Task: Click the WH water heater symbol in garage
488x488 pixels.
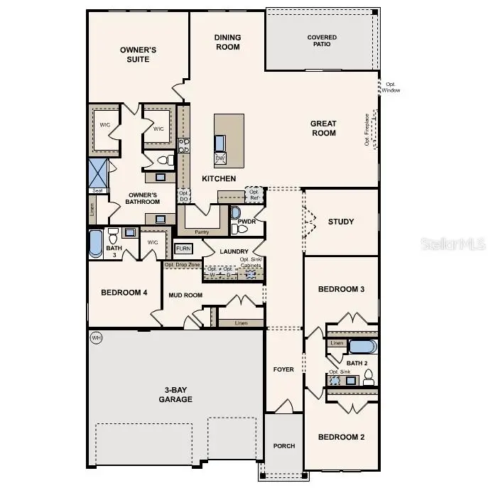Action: (97, 338)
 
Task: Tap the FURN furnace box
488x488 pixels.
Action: (183, 249)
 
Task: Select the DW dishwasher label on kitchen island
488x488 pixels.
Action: (219, 158)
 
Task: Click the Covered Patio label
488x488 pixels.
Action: (322, 40)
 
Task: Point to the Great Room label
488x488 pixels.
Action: (323, 128)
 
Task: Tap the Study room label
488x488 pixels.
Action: (340, 222)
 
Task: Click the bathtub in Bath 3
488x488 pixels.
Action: (96, 242)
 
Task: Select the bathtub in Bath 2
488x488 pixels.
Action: (363, 347)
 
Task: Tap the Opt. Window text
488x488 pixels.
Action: (391, 87)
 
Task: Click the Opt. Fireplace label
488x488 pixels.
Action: (368, 129)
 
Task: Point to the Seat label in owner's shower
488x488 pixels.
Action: (97, 190)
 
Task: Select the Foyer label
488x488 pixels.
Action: (283, 369)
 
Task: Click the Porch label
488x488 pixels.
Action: (284, 446)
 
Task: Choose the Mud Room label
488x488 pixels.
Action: (185, 295)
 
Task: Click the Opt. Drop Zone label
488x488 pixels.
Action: (180, 265)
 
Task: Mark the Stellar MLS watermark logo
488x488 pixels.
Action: (455, 244)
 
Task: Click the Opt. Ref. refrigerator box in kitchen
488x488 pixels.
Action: (254, 194)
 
